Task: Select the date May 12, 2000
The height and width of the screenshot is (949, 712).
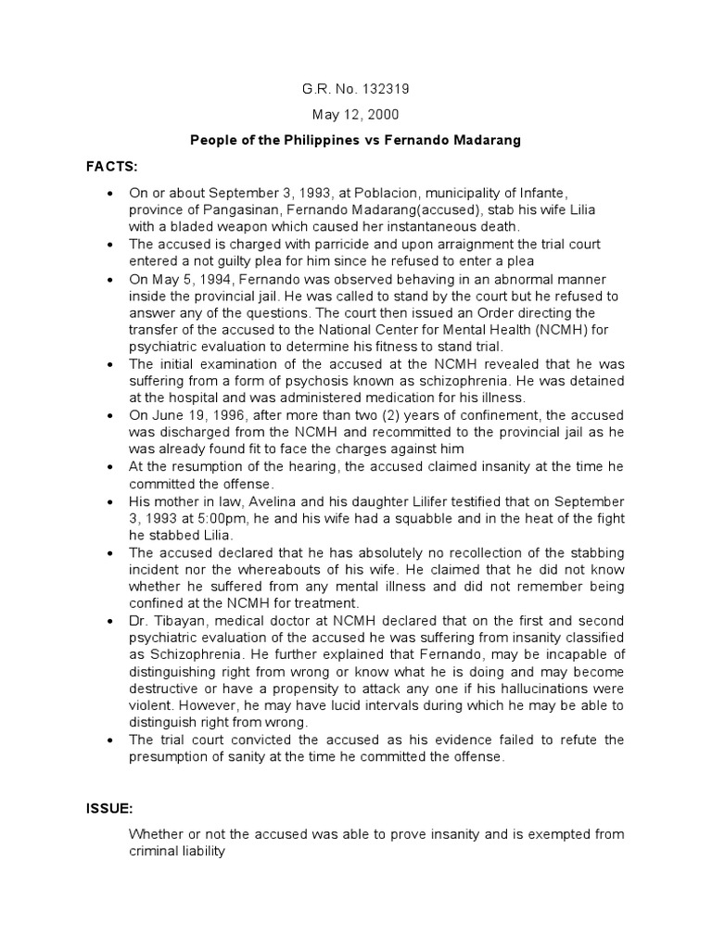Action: [x=356, y=116]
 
